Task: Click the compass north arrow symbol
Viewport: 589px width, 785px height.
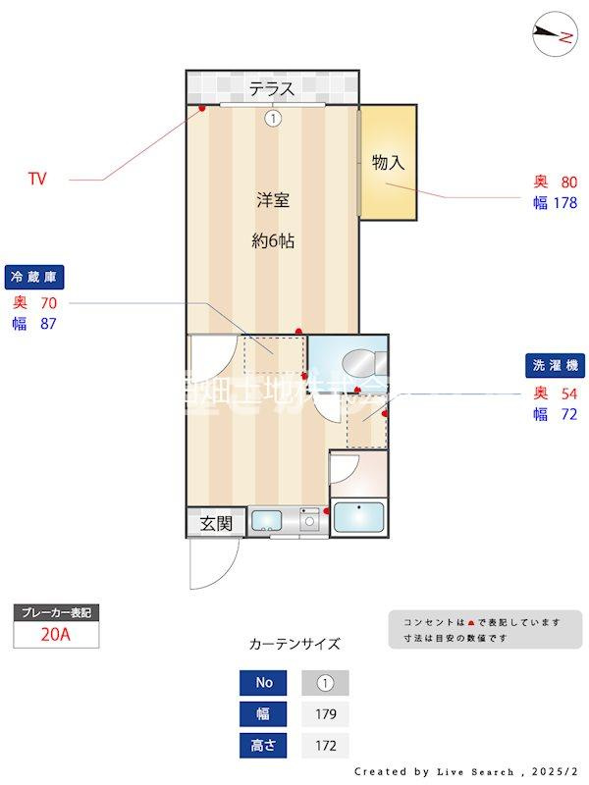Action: coord(553,36)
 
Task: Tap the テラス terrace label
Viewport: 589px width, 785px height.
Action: coord(271,89)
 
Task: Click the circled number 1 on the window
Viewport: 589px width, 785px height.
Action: coord(272,118)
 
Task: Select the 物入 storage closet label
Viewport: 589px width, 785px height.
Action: coord(388,163)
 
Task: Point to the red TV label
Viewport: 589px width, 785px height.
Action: coord(37,180)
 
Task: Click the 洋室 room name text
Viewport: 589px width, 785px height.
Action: coord(272,201)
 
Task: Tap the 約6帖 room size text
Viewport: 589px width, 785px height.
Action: coord(272,241)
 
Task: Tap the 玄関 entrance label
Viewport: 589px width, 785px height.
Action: coord(216,524)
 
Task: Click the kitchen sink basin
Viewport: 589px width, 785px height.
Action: coord(266,521)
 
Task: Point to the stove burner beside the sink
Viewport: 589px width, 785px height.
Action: coord(311,522)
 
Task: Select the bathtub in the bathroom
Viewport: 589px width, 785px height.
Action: coord(358,517)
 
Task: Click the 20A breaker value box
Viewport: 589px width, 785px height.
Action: coord(56,635)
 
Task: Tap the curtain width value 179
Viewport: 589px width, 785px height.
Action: coord(324,714)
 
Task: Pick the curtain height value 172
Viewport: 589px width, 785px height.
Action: coord(324,746)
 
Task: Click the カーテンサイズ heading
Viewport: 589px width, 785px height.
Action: coord(294,645)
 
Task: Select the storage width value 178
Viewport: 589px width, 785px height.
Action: coord(563,203)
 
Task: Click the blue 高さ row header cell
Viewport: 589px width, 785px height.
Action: coord(264,746)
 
